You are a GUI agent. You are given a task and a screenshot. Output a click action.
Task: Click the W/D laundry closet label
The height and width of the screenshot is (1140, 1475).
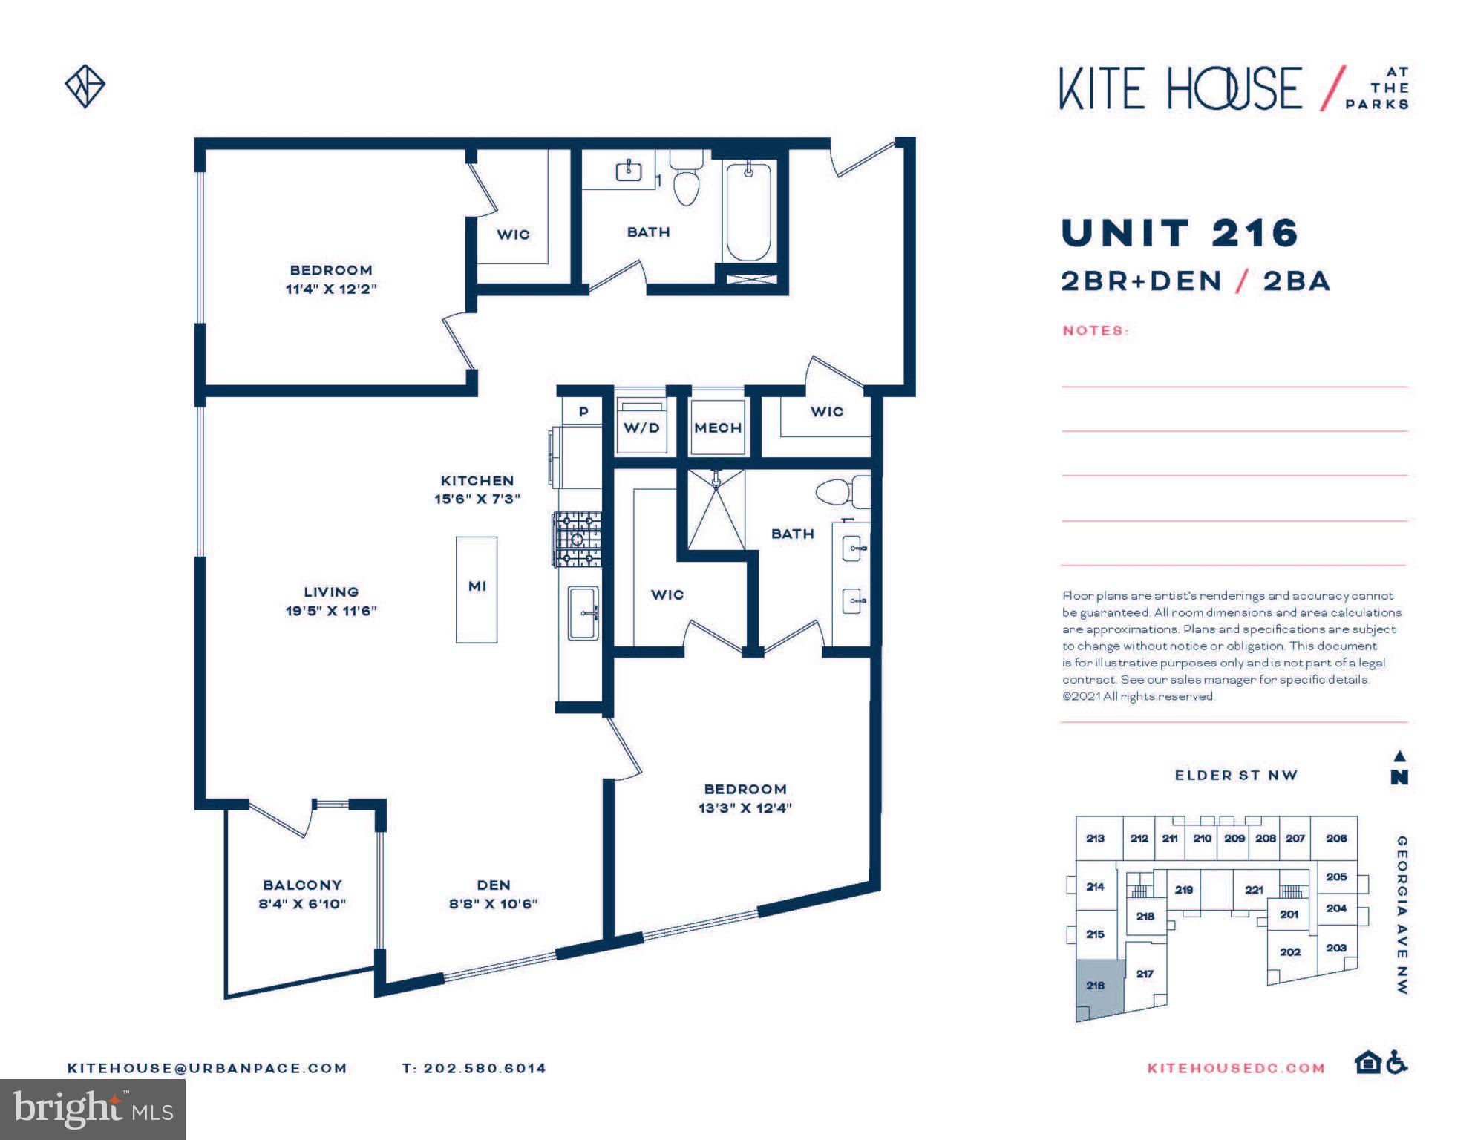641,428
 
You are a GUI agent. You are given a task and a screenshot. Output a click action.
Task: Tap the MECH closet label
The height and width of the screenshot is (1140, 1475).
718,428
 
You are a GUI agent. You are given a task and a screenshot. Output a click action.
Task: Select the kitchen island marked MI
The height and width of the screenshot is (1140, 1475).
477,589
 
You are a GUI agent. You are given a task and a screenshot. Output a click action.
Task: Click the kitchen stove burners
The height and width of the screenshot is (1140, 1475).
577,539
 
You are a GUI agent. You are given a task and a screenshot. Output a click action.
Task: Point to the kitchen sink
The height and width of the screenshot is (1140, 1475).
583,613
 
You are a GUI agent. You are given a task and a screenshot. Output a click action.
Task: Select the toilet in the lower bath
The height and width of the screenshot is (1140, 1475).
843,491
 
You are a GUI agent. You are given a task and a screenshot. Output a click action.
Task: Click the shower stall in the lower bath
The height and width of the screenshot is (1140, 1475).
716,510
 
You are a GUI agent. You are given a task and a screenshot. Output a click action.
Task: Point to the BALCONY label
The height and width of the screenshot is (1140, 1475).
302,885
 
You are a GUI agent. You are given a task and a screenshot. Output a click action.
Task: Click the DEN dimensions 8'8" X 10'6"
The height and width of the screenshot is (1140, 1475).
493,904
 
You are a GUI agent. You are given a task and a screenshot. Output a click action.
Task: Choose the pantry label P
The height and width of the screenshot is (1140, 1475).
583,412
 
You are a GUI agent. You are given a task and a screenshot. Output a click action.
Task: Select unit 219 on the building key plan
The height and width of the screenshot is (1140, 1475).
1184,889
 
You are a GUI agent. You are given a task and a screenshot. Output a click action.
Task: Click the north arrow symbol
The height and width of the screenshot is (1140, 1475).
1399,767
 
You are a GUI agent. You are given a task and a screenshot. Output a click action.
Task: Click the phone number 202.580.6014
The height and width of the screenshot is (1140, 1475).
484,1068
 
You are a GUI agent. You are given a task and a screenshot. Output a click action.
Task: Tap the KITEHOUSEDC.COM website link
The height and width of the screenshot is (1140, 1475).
1236,1068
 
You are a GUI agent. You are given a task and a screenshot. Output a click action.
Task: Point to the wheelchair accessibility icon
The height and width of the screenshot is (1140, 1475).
1397,1063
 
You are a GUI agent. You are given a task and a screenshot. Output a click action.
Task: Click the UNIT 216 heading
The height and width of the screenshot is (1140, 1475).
1180,233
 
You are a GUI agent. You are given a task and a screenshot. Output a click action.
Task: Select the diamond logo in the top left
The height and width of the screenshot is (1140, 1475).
85,86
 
